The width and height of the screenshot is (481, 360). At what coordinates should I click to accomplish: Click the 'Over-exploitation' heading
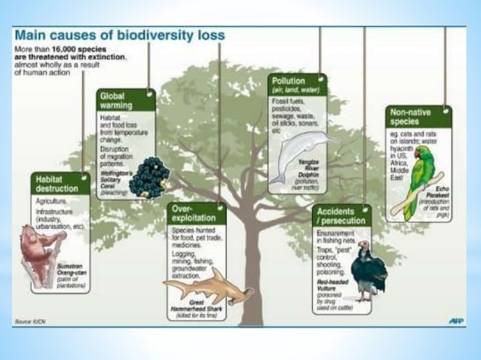(186, 211)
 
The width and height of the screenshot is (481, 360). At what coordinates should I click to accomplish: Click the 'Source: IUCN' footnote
(31, 322)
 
